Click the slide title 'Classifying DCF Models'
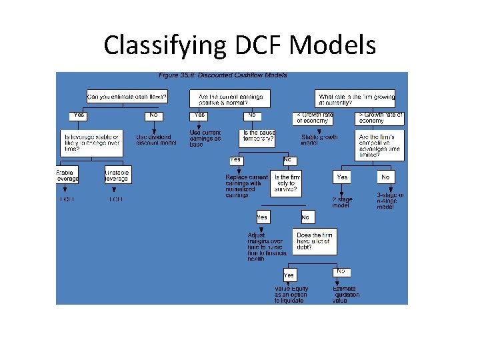coord(240,45)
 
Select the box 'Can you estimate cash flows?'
coord(127,97)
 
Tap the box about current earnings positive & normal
coord(231,99)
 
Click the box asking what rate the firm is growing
coord(356,99)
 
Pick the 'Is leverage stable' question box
coord(91,143)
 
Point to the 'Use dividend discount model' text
coord(156,139)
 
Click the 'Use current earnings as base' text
coord(205,138)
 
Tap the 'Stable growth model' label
coord(319,140)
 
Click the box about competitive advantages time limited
coord(380,143)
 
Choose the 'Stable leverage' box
coord(67,175)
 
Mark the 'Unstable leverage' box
coord(117,175)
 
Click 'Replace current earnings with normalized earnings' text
coord(246,186)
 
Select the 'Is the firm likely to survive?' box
coord(287,183)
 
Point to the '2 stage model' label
coord(341,203)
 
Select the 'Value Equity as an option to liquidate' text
coord(291,294)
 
